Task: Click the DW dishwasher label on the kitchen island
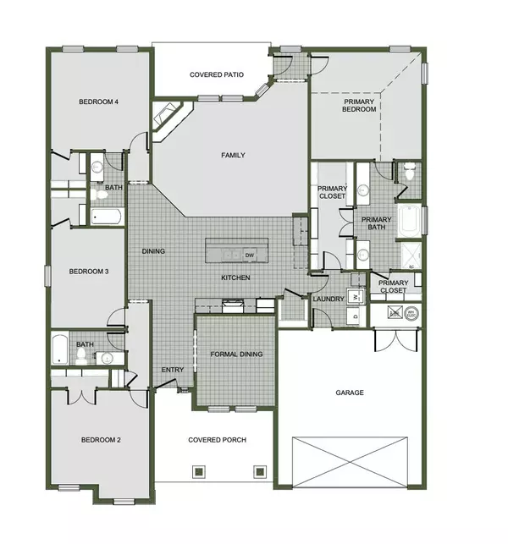point(250,255)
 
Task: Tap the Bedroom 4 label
point(98,102)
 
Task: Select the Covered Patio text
point(217,74)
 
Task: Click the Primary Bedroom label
point(359,105)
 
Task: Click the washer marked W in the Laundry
point(356,296)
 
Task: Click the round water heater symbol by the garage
point(412,312)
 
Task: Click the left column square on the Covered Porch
point(199,471)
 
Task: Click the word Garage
point(349,393)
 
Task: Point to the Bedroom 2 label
point(101,439)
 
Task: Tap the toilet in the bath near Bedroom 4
point(101,195)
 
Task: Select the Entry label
point(173,370)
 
